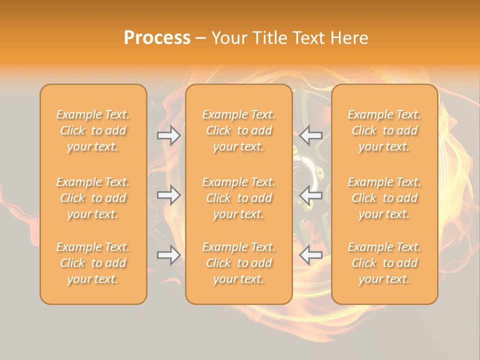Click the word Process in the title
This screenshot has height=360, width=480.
[157, 38]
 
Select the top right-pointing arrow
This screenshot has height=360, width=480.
[168, 135]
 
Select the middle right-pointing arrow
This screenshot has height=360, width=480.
[168, 195]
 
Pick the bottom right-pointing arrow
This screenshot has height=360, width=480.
[168, 255]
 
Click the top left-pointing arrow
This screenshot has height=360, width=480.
[311, 135]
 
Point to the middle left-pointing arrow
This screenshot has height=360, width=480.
[311, 195]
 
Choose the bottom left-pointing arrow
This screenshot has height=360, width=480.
[311, 255]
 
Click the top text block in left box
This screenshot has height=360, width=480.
[93, 130]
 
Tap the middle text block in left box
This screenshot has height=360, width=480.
[93, 198]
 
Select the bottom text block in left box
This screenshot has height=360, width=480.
[93, 263]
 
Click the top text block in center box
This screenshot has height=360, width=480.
[238, 130]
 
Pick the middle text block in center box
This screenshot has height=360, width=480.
[238, 198]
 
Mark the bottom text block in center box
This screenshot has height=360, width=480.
[238, 263]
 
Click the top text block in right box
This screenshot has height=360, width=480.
[384, 130]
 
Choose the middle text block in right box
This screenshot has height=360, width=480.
[384, 198]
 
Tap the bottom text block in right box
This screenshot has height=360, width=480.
[384, 263]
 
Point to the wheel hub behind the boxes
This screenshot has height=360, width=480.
[303, 175]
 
